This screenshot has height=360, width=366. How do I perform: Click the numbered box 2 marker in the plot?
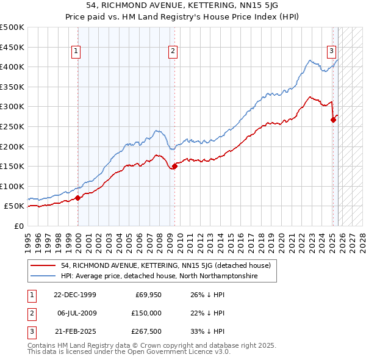(x=173, y=52)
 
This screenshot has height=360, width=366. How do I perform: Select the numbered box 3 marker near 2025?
(x=331, y=52)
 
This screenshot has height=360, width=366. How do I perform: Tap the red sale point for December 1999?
(x=78, y=198)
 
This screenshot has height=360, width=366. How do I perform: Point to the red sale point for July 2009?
(x=174, y=165)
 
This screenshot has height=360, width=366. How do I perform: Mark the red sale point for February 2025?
(x=333, y=120)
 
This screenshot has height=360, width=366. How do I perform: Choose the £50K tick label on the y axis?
(x=15, y=206)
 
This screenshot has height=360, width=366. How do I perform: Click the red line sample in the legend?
(x=44, y=265)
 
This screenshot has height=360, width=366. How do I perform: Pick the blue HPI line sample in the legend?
(x=44, y=276)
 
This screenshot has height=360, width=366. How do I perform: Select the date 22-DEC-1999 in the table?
(x=74, y=295)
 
